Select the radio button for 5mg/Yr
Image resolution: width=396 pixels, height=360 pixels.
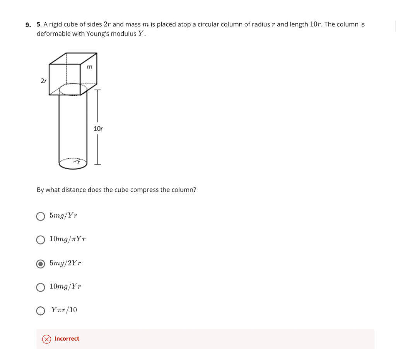(41, 216)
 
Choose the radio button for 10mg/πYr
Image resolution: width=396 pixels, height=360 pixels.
(41, 240)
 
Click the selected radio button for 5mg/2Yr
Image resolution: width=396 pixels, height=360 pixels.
(41, 264)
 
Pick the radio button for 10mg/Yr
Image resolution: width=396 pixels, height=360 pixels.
(41, 287)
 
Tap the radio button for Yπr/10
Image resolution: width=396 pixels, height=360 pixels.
(41, 311)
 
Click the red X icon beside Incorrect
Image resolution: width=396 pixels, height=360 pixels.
(46, 339)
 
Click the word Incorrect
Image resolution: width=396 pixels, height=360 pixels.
(67, 339)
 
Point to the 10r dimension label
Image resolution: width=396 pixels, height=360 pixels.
(98, 128)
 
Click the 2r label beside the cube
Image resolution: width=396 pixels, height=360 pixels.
(44, 81)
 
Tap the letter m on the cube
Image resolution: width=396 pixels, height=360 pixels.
(89, 67)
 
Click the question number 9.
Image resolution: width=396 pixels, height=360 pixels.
(28, 25)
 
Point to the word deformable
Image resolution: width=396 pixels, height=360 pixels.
(53, 34)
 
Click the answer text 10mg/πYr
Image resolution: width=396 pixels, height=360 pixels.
(68, 239)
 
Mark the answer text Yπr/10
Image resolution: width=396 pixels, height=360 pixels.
(64, 310)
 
